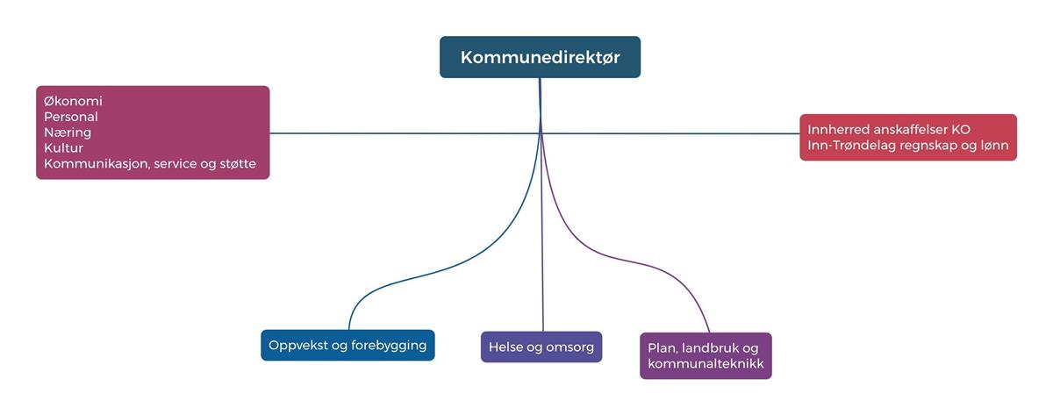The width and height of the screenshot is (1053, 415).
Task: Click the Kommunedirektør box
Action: (x=540, y=57)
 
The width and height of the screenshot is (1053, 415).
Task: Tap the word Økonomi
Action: (x=73, y=101)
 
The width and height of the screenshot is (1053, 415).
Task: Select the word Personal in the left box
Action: (x=70, y=117)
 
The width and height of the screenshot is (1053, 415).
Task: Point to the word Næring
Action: (x=68, y=132)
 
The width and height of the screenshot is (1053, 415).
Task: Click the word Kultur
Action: (x=63, y=148)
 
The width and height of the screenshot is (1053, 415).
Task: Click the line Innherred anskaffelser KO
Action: (x=889, y=129)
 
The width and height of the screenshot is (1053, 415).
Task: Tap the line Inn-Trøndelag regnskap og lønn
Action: (x=908, y=145)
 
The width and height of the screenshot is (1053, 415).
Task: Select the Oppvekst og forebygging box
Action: (x=347, y=345)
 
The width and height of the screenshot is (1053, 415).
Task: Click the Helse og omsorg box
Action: (x=541, y=347)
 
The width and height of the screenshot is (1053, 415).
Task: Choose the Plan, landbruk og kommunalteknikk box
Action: (x=706, y=355)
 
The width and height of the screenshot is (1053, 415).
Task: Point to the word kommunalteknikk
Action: (x=706, y=363)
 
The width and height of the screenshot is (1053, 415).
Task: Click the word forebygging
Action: (x=389, y=345)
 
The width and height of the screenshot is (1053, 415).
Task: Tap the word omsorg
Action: (x=569, y=347)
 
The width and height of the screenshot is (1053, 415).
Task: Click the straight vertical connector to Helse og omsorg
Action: (x=542, y=246)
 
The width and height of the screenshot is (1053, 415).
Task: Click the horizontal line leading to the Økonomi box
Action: (x=395, y=133)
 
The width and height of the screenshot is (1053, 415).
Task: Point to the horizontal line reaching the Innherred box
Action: (x=684, y=133)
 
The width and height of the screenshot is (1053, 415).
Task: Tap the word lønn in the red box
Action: (x=994, y=145)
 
